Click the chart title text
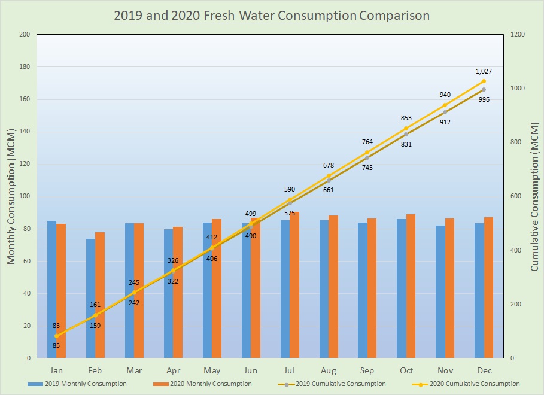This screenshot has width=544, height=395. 272,14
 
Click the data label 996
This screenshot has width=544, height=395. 485,99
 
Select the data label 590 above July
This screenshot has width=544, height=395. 289,189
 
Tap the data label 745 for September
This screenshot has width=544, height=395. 367,168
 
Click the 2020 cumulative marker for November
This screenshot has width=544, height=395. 445,105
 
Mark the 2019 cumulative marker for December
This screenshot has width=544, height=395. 484,90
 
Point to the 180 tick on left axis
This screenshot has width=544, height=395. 25,67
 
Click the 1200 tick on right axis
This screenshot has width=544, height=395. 518,35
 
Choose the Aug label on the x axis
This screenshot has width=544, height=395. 328,370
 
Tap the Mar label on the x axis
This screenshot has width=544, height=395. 134,370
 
